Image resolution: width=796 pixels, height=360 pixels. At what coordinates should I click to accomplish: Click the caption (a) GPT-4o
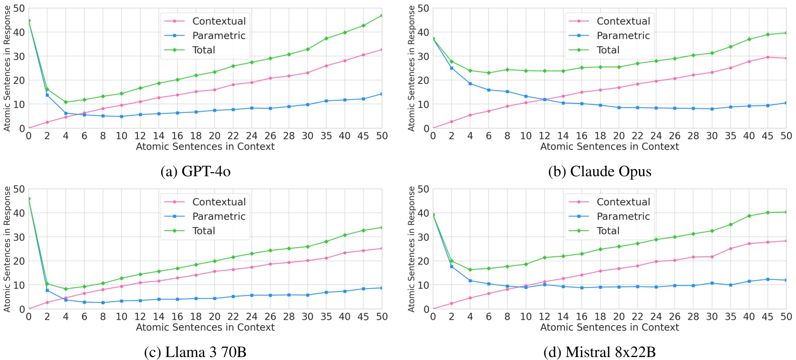[195, 172]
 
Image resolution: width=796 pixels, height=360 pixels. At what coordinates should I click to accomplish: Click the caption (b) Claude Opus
[599, 172]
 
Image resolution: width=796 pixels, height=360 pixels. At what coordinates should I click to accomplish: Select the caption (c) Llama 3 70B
[195, 352]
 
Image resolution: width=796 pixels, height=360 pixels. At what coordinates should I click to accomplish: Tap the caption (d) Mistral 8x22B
[599, 352]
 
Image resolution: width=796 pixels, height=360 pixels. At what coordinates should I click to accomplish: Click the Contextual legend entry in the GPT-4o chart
[219, 21]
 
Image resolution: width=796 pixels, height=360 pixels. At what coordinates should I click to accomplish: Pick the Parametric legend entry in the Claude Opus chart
[623, 36]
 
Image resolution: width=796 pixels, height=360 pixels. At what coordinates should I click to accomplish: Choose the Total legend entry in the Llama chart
[203, 231]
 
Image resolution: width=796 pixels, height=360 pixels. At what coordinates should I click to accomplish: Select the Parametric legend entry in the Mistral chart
[623, 217]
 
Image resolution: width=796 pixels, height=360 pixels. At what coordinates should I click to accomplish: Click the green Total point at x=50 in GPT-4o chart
[382, 16]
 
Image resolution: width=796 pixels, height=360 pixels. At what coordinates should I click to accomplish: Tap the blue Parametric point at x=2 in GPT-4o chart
[47, 95]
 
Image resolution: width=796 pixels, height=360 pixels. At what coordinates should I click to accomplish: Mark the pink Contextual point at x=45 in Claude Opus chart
[767, 57]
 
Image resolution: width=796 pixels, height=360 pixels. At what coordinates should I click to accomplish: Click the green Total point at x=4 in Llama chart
[65, 289]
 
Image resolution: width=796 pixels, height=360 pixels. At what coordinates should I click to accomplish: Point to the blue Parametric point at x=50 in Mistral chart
[786, 280]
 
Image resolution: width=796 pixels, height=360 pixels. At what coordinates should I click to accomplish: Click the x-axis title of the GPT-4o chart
[205, 147]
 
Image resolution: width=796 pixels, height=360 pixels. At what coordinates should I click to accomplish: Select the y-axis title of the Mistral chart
[411, 249]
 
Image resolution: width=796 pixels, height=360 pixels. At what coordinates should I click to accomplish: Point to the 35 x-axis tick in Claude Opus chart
[730, 136]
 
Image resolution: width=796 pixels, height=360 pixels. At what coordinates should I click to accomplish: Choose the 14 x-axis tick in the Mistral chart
[563, 317]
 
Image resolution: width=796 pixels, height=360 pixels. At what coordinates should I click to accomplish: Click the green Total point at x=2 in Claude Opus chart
[452, 61]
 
